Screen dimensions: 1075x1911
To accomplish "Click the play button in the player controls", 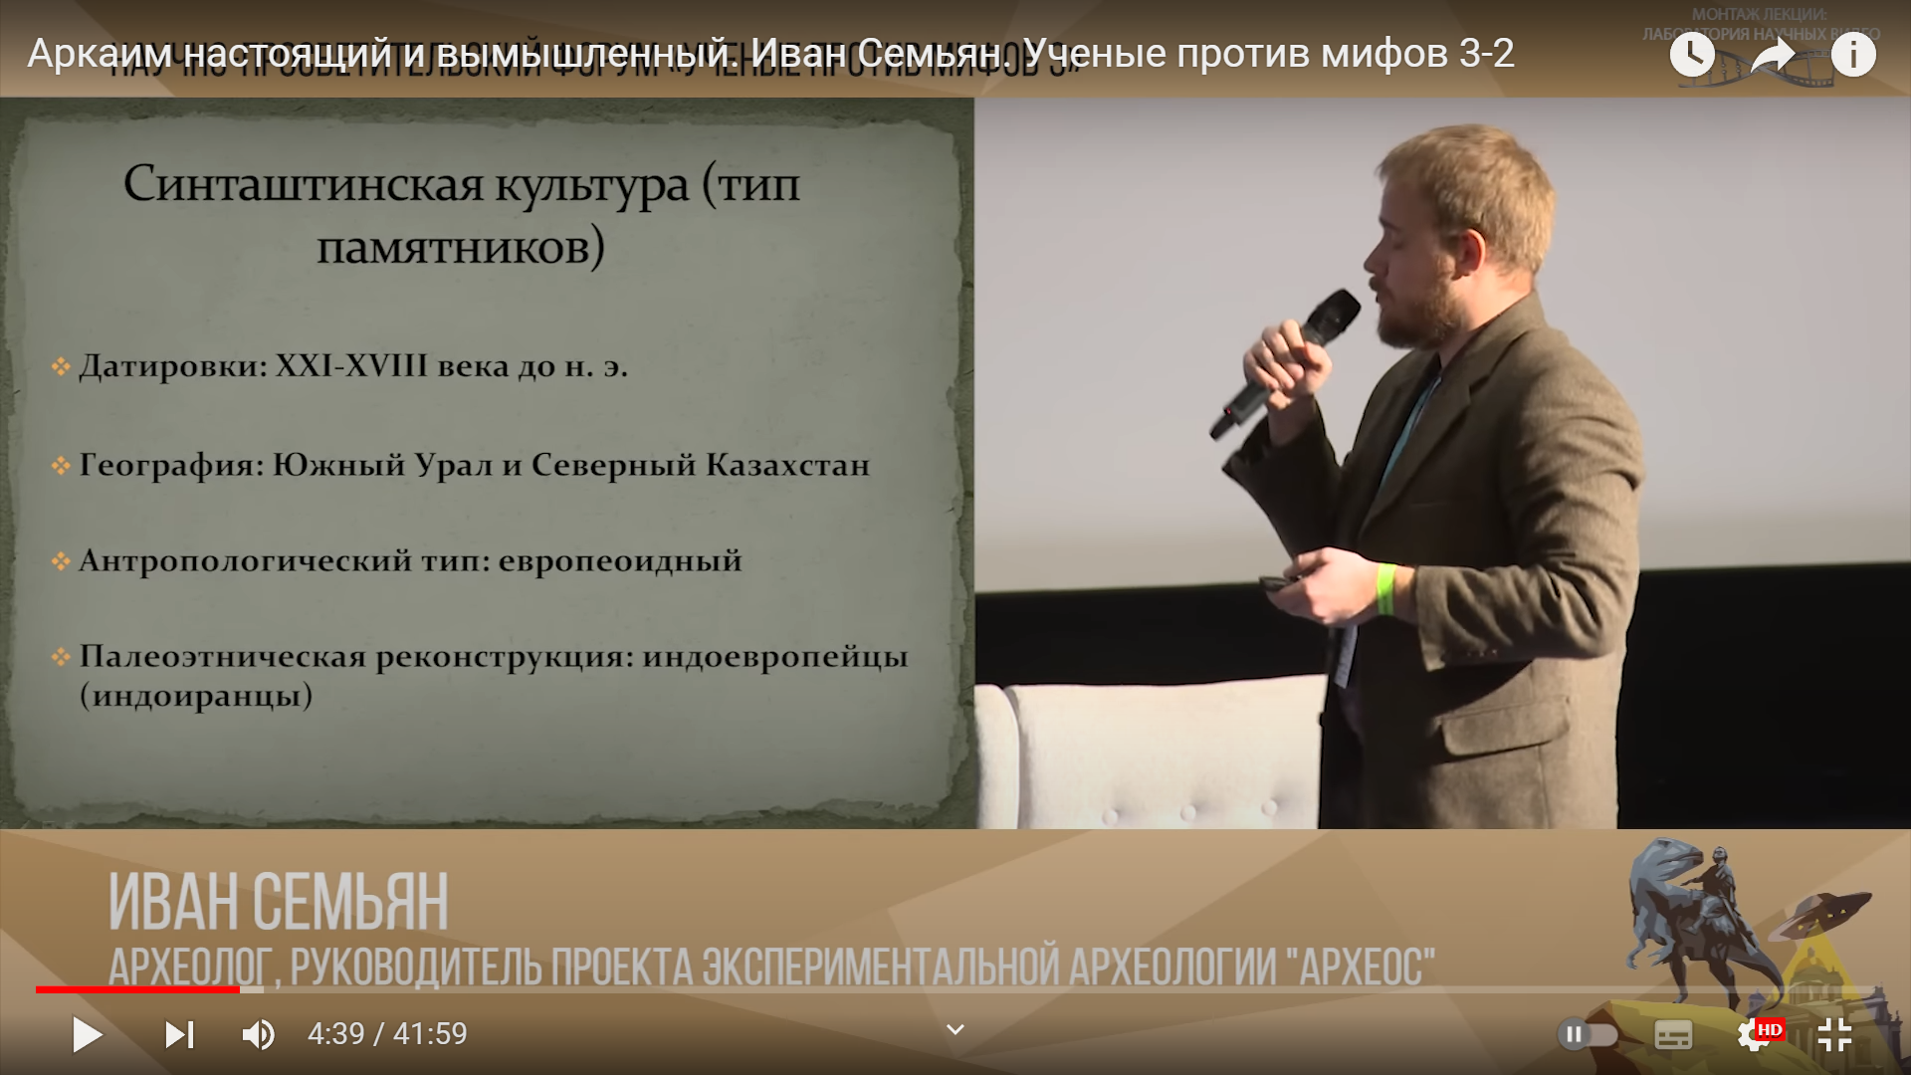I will pos(88,1035).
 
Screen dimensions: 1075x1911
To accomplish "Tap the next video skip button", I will pos(179,1035).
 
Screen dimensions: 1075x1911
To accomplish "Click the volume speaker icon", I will pos(258,1035).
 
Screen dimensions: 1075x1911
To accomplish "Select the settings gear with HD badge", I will pos(1756,1035).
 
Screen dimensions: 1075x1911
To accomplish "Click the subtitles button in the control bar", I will pos(1673,1035).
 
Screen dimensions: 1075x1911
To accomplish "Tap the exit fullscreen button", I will pos(1834,1035).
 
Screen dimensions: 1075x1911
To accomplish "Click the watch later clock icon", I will pos(1692,55).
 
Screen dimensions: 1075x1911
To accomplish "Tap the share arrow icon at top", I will pos(1772,55).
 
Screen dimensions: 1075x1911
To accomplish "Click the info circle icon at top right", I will pos(1852,55).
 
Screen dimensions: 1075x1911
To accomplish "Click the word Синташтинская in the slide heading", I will pos(304,185).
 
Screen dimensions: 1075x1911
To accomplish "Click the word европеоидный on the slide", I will pos(620,560).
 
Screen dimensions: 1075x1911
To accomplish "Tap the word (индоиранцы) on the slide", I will pos(196,695).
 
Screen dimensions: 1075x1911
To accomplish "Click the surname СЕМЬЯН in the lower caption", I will pos(350,903).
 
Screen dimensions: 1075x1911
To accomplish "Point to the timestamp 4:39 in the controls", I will pos(335,1034).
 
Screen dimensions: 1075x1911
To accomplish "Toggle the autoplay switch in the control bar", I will pos(1587,1035).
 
